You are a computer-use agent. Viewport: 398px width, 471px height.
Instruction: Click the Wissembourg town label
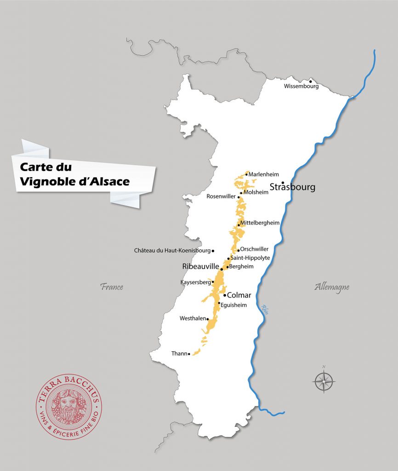tap(301, 86)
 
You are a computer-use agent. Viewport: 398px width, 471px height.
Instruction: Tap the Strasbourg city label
tap(292, 187)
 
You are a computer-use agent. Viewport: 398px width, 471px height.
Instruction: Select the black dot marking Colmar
tap(225, 295)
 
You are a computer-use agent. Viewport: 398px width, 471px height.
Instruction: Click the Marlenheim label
tap(264, 174)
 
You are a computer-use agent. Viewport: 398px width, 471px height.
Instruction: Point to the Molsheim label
tap(256, 192)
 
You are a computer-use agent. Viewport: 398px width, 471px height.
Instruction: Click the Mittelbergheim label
tap(260, 223)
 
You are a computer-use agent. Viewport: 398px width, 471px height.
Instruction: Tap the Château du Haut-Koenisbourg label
tap(172, 251)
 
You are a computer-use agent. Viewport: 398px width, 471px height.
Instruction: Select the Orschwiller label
tap(254, 249)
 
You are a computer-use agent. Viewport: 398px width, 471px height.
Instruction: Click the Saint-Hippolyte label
tap(250, 258)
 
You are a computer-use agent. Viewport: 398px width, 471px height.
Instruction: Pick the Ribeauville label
tap(200, 267)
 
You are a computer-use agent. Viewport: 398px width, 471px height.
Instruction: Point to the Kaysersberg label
tap(196, 282)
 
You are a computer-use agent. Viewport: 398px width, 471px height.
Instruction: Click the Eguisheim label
tap(233, 304)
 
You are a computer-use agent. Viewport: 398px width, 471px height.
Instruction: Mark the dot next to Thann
tap(189, 354)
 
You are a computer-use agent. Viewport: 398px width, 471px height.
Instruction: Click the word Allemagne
tap(332, 287)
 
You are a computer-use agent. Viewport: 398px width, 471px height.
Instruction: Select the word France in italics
tap(112, 287)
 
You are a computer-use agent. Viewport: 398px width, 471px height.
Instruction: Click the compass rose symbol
tap(324, 381)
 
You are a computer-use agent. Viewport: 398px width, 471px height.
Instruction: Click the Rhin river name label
tap(265, 309)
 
